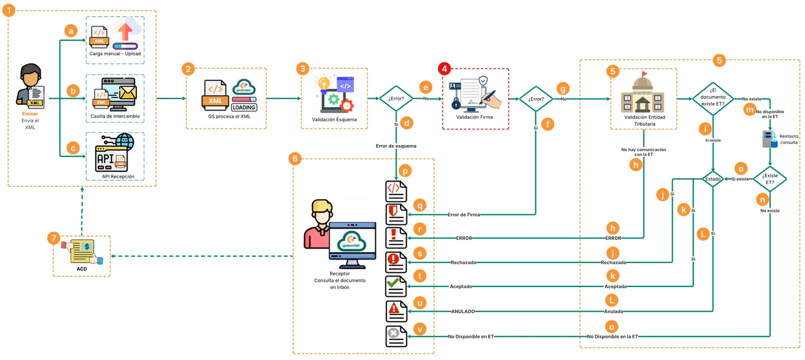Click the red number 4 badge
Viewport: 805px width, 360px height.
[x=444, y=68]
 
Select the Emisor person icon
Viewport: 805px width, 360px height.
[x=30, y=86]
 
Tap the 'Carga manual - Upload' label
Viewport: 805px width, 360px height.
[x=115, y=53]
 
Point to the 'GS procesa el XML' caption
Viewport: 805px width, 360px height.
[x=229, y=116]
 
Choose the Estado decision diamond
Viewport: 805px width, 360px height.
[x=712, y=179]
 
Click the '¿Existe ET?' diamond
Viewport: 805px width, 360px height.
[x=770, y=179]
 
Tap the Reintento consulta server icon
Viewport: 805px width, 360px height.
[x=770, y=139]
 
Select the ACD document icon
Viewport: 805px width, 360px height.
[x=82, y=251]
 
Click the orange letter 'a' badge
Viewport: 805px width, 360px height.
[x=71, y=31]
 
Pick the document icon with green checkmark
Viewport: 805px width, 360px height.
[x=396, y=286]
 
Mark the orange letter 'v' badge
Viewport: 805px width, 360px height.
[x=420, y=329]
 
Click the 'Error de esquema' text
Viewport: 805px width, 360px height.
[x=396, y=146]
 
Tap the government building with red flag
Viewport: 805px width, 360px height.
[x=643, y=92]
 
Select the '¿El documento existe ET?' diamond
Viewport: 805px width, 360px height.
[x=713, y=99]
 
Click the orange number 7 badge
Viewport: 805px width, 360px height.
[x=53, y=238]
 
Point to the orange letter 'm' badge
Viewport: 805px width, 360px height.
[x=750, y=110]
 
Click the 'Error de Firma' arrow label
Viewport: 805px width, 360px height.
[x=463, y=215]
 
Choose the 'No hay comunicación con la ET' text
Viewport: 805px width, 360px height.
[x=643, y=152]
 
